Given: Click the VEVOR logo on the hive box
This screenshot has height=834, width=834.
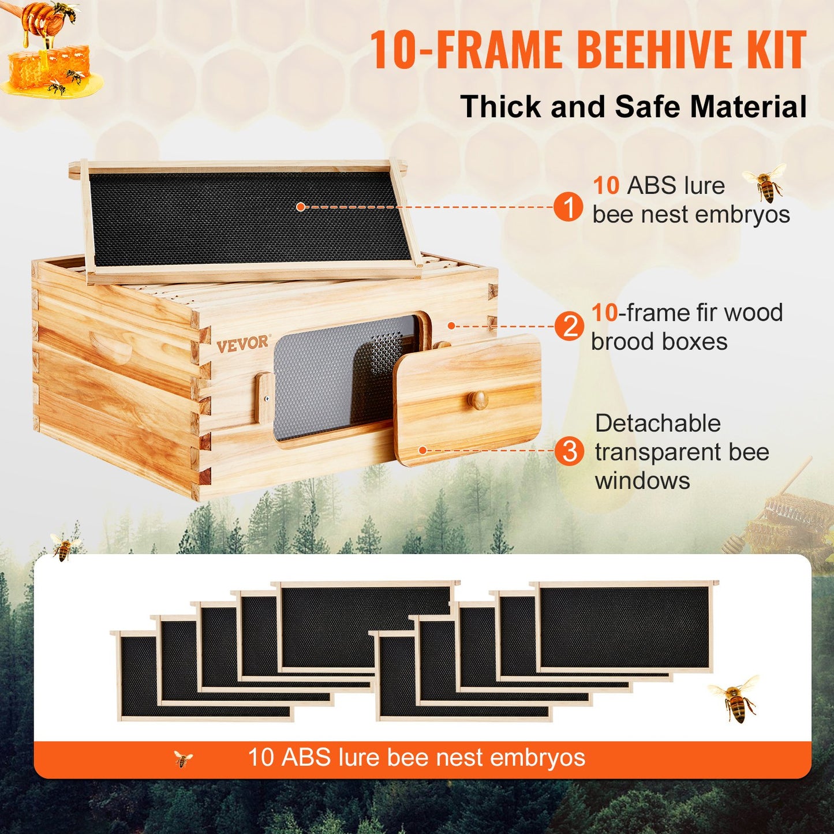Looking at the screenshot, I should [x=242, y=343].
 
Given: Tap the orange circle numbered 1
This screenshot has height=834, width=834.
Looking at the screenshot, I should [x=568, y=207].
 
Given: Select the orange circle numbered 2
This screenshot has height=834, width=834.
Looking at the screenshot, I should [x=569, y=326].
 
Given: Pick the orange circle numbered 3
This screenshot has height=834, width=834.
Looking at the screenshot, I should [x=569, y=451].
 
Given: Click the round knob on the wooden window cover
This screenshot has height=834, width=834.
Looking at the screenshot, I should [x=478, y=399].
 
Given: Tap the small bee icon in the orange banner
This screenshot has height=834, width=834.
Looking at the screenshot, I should [x=183, y=759].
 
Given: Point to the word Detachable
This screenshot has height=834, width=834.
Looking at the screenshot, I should [x=658, y=424].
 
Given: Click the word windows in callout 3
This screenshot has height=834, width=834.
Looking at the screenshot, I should [x=642, y=481].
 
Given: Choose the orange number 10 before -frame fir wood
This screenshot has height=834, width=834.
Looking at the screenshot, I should [x=604, y=313].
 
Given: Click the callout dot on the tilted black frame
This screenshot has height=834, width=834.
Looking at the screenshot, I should [x=300, y=207].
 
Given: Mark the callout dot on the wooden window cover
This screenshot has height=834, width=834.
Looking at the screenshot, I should [x=422, y=450].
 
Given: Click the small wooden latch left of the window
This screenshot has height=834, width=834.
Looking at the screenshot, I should [x=264, y=397].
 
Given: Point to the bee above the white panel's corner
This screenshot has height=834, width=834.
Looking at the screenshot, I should [x=64, y=547].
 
